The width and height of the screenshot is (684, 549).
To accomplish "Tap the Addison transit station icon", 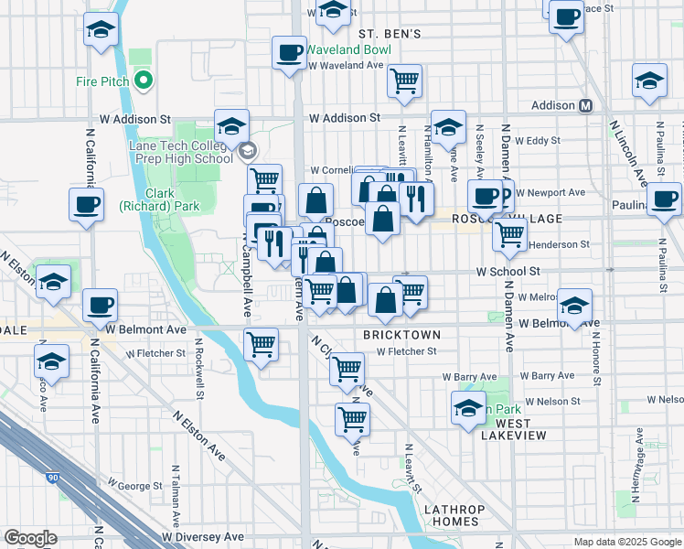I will click(585, 106).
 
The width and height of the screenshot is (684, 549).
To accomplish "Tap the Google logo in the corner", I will click(30, 538).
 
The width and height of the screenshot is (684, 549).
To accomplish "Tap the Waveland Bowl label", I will click(348, 49).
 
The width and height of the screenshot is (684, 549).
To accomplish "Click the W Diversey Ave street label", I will click(204, 537).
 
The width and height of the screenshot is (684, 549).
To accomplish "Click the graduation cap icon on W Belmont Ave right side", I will click(575, 305).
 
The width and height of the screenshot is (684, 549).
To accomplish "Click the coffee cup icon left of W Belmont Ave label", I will click(100, 306).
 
